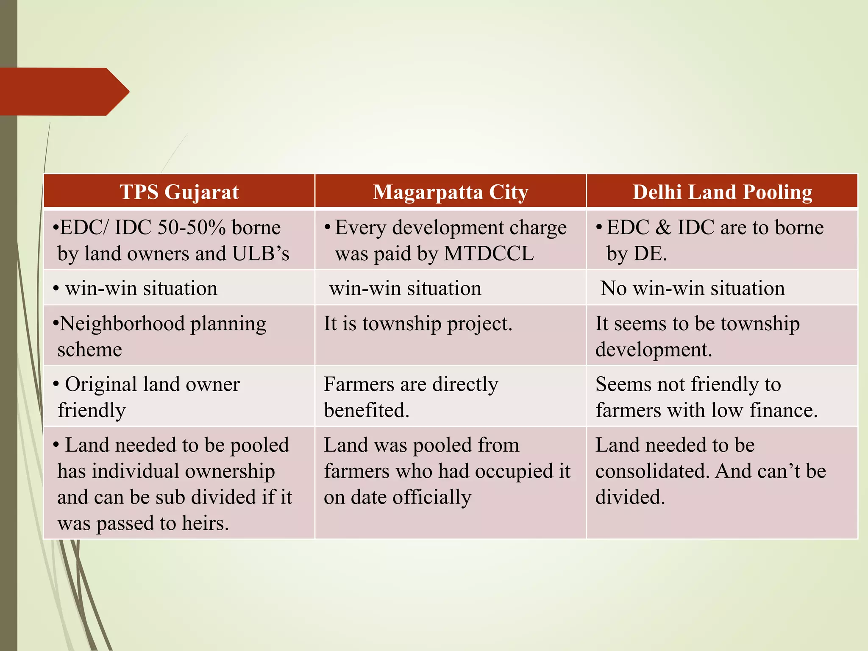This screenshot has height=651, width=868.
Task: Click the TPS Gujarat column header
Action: point(179,192)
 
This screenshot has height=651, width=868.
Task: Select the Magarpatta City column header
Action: point(450,192)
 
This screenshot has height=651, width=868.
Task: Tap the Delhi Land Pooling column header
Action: point(722,192)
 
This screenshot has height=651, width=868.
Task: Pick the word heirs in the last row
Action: point(205,523)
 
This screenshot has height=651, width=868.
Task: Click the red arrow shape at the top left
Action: point(64,92)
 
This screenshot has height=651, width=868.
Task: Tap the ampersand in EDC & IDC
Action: point(663,228)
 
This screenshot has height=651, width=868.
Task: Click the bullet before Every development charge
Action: point(327,227)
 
